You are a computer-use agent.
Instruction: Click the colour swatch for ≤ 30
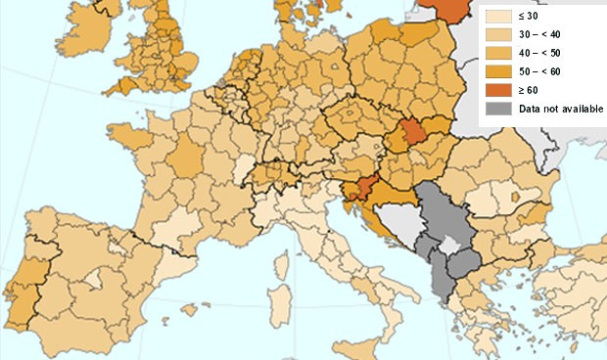[x=498, y=16]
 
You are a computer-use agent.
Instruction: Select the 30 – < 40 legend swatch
[x=498, y=34]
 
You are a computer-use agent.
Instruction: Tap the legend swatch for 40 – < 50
[x=498, y=53]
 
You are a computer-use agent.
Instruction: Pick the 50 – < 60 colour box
[x=498, y=71]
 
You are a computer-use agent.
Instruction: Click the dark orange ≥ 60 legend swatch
[x=498, y=90]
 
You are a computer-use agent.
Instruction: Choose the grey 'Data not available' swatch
[x=498, y=109]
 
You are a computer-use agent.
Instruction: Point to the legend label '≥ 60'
[x=529, y=90]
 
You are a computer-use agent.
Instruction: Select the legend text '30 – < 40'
[x=540, y=34]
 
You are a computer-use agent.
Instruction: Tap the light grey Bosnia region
[x=397, y=219]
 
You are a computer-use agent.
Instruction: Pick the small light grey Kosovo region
[x=449, y=245]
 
